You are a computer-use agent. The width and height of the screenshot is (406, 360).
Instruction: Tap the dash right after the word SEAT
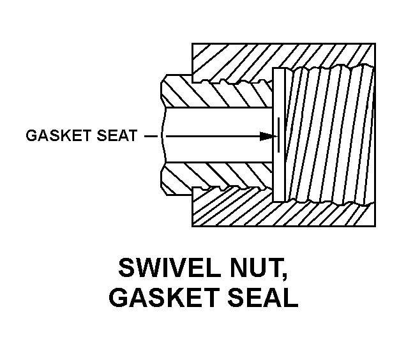tap(149, 136)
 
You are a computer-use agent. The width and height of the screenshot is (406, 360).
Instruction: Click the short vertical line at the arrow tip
tap(278, 135)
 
